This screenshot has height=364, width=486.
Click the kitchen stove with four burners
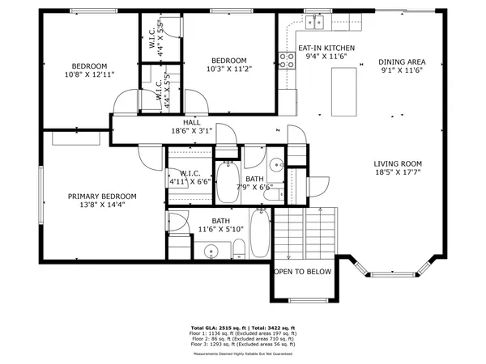[286, 57]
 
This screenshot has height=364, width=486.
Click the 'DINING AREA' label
[402, 61]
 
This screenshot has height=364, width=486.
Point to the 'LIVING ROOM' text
[396, 162]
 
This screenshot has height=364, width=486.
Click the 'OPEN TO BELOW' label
[303, 272]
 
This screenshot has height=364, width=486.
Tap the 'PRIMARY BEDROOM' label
[101, 197]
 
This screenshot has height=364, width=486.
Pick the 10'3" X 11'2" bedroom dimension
[228, 70]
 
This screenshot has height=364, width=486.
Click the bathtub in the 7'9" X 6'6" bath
[227, 182]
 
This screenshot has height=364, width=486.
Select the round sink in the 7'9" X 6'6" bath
[275, 160]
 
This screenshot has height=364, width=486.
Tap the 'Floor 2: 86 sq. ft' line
[243, 338]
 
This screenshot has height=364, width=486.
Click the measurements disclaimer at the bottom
[243, 354]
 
